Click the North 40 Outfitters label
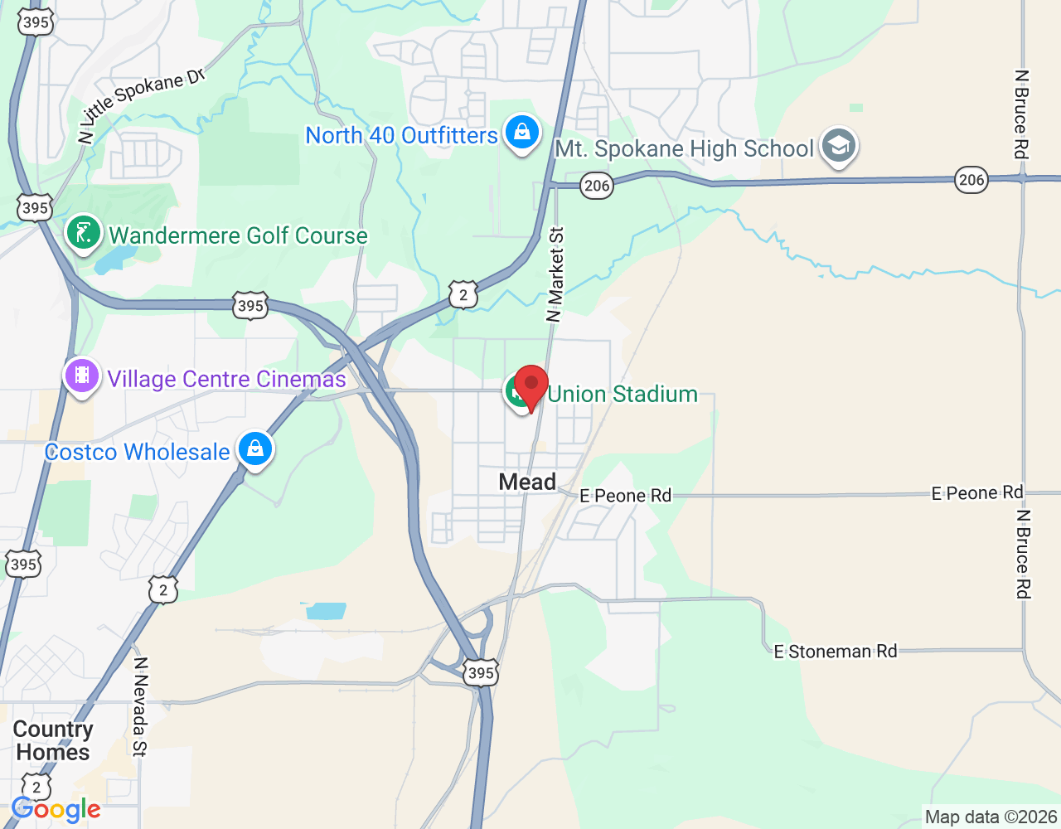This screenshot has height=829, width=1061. click(401, 135)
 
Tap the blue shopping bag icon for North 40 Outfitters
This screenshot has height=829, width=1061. click(522, 132)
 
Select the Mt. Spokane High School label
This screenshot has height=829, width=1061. click(684, 149)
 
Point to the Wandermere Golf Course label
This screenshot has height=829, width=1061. click(238, 235)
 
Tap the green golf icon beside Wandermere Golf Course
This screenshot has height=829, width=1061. click(84, 233)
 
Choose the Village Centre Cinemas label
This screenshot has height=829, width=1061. click(226, 379)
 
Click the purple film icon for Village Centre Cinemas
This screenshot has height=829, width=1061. click(82, 376)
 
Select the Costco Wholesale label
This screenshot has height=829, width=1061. click(137, 452)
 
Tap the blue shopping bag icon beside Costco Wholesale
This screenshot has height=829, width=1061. click(255, 448)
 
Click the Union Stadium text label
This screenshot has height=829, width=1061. click(623, 394)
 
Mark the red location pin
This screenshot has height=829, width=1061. click(530, 386)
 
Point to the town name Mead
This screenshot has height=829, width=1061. click(527, 482)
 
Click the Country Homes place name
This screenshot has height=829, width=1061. click(53, 740)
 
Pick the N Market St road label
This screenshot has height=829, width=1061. click(555, 274)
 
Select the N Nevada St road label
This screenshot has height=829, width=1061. click(140, 706)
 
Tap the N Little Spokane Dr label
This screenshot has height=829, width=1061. click(141, 104)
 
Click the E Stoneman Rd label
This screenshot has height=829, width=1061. click(836, 652)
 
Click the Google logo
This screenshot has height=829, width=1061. click(56, 809)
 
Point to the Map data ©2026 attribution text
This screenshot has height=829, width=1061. click(991, 817)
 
